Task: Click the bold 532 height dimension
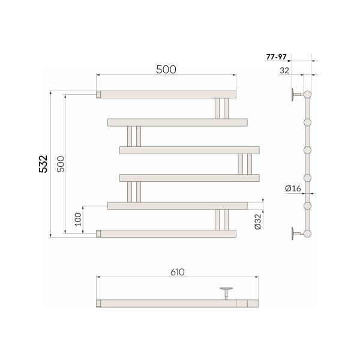[x=43, y=164]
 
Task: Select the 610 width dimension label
[x=178, y=272]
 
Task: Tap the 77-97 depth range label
[x=277, y=57]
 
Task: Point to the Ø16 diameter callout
[x=293, y=188]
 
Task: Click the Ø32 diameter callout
[x=258, y=221]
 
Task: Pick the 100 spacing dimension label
[x=78, y=219]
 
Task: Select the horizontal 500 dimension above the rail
[x=166, y=70]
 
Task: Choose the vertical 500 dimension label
[x=61, y=164]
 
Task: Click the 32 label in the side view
[x=284, y=70]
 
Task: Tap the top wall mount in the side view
[x=298, y=94]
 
